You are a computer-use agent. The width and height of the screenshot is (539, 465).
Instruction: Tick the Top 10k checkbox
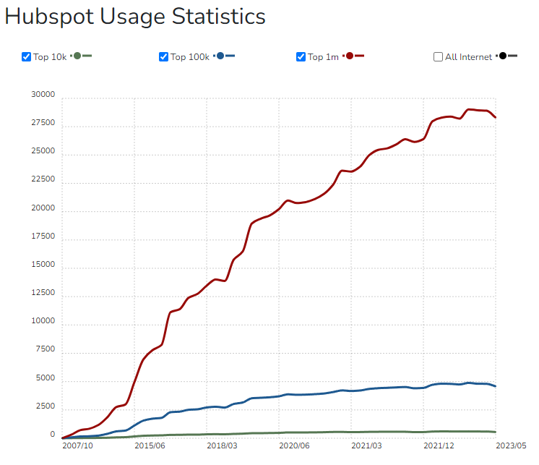27,57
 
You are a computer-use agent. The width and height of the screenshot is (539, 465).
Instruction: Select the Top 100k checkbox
164,57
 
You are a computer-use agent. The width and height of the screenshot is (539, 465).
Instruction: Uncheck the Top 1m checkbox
301,57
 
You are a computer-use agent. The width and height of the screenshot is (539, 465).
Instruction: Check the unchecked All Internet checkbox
439,57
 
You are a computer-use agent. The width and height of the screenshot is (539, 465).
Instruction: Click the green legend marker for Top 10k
77,56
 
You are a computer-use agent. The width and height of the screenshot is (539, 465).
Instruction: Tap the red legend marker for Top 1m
350,56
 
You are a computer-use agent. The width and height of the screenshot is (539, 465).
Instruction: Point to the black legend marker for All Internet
503,56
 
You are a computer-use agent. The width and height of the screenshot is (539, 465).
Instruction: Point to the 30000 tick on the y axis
43,95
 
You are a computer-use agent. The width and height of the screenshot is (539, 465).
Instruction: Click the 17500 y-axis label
43,236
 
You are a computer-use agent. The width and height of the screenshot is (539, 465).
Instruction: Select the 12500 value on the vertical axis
43,293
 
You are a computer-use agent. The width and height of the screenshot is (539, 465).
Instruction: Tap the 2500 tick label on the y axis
45,406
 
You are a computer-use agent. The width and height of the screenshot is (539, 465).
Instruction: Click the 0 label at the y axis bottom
52,435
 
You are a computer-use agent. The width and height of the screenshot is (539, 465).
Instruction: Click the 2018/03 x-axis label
222,446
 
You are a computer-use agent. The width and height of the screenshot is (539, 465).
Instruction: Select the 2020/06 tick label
294,446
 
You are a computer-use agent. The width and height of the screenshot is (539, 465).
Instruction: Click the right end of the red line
496,117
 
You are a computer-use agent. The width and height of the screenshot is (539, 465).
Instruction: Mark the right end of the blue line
496,386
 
